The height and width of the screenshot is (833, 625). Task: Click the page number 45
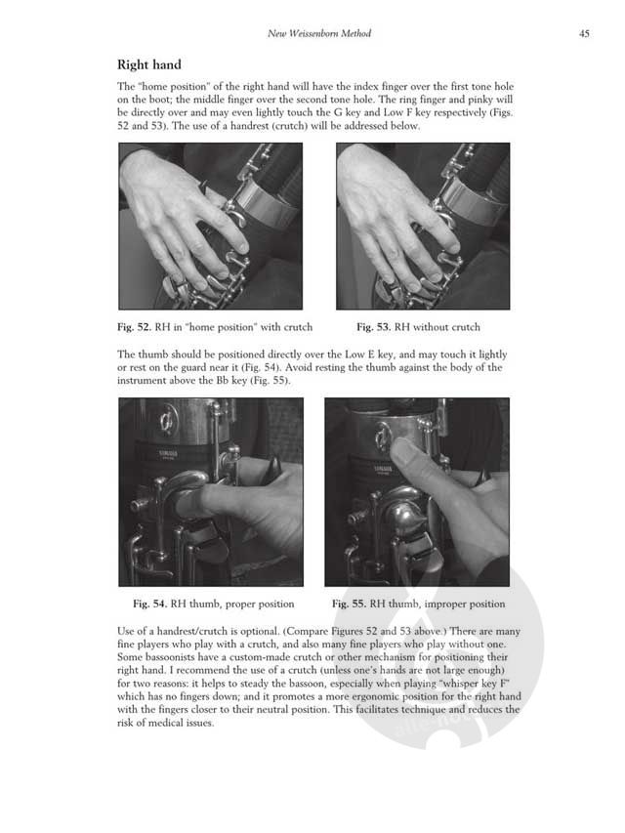click(584, 33)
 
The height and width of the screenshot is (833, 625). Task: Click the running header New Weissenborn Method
click(319, 33)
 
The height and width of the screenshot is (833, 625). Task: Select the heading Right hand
click(149, 64)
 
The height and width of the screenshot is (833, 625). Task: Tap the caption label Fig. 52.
click(135, 327)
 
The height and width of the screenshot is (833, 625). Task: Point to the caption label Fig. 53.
click(374, 327)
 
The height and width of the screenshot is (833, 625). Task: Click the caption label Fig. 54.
click(150, 604)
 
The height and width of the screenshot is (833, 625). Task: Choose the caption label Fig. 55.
click(350, 604)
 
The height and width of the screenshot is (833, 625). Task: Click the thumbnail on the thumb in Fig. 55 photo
click(401, 451)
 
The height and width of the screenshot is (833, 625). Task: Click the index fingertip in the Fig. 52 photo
click(243, 246)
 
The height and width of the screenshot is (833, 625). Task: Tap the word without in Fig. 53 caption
click(431, 327)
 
